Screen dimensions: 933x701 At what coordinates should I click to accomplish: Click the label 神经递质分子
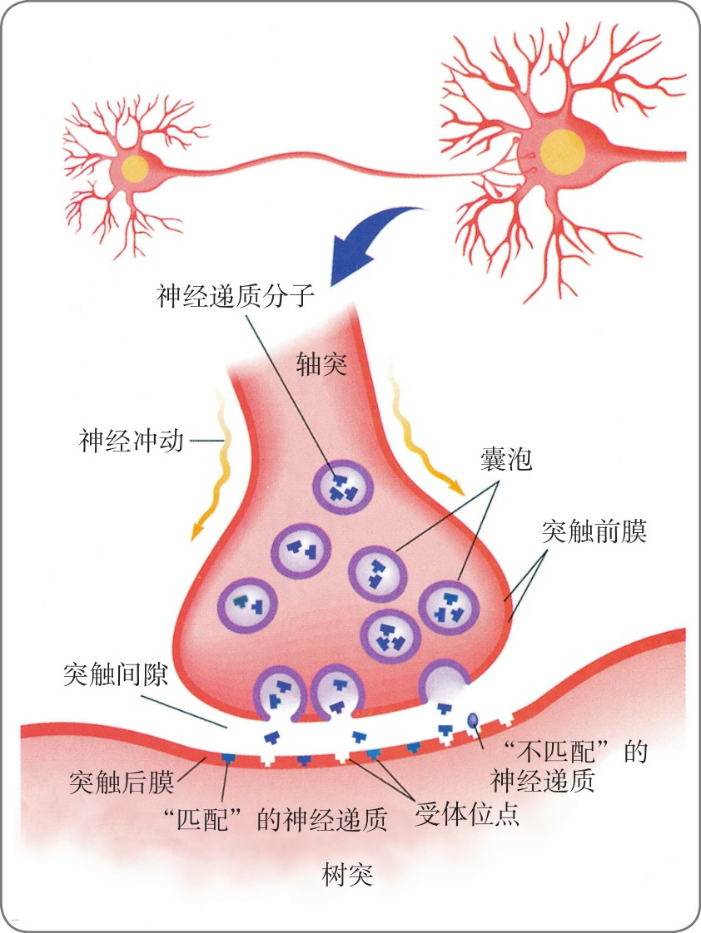pos(235,295)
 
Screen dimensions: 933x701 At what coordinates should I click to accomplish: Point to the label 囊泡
pos(505,459)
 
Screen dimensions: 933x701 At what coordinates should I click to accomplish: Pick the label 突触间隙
pos(116,674)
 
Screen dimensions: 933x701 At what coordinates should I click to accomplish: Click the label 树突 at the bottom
pos(346,874)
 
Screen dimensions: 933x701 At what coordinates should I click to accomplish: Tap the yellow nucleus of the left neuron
pos(135,169)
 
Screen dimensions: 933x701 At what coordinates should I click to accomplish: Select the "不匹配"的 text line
pos(571,752)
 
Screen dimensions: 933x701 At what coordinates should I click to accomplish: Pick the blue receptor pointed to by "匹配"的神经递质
pos(227,758)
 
